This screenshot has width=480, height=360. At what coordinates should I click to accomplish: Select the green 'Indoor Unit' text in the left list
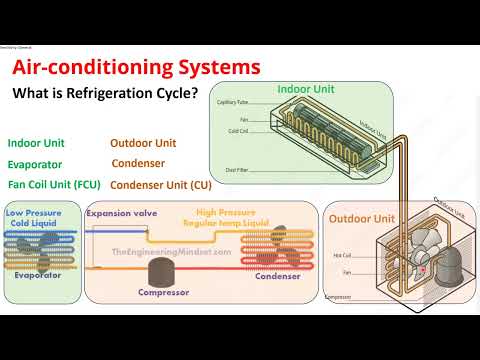click(39, 142)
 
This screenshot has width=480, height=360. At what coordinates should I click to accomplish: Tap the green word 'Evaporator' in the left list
click(35, 164)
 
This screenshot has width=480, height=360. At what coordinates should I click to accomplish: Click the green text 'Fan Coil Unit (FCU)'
click(53, 184)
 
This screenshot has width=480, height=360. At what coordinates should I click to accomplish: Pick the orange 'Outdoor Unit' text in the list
click(143, 142)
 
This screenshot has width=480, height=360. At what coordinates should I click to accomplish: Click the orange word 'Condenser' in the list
click(138, 163)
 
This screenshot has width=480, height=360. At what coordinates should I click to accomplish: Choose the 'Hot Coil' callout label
click(341, 255)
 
